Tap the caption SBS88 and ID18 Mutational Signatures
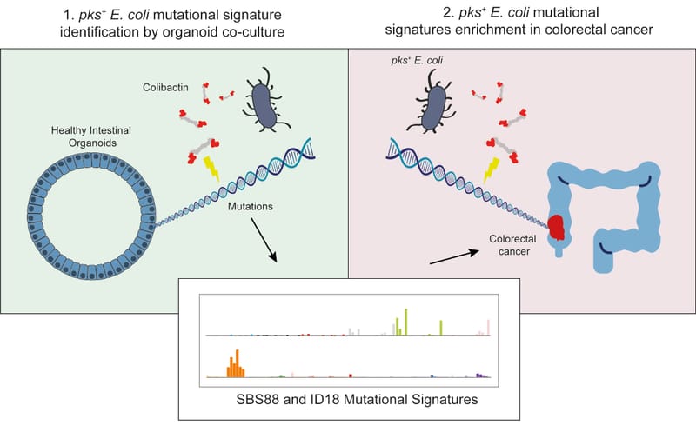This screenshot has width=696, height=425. coord(348,402)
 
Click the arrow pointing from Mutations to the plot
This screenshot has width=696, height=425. coord(264,245)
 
